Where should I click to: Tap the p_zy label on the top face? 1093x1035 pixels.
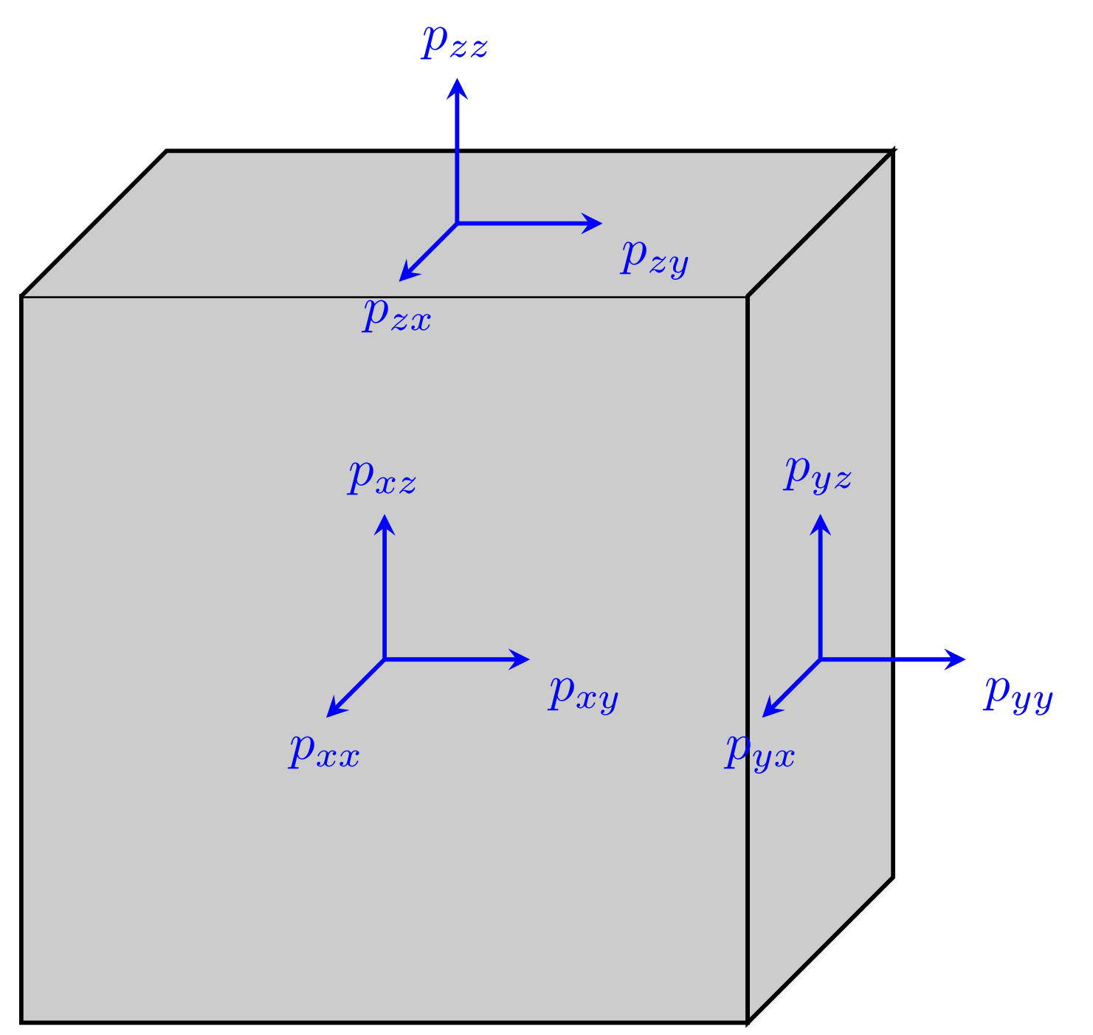[x=655, y=258]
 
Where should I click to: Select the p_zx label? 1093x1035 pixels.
[x=397, y=317]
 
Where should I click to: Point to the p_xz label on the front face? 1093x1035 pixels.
[x=382, y=478]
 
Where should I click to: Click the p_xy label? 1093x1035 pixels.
[x=583, y=694]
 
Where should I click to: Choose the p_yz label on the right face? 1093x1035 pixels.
[x=818, y=474]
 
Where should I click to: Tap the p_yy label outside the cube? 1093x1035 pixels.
[x=1018, y=694]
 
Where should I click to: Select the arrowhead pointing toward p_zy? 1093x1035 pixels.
[x=595, y=223]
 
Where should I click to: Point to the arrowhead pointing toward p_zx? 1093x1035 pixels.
[x=405, y=275]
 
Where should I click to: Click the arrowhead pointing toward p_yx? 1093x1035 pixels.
[x=768, y=711]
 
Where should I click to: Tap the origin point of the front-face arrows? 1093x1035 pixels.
[x=385, y=659]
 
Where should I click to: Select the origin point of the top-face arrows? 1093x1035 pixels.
[x=458, y=223]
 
